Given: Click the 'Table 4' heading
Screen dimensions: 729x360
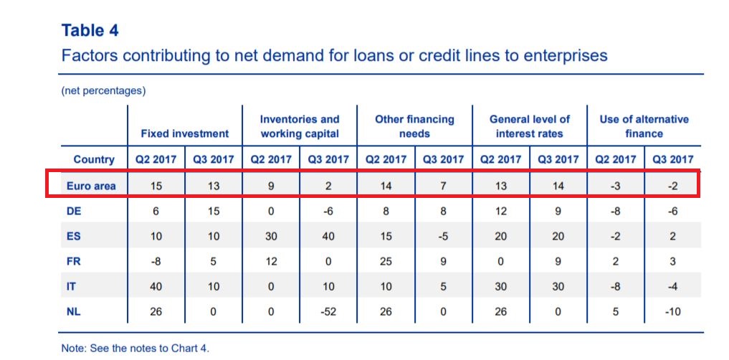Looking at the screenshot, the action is [x=90, y=31].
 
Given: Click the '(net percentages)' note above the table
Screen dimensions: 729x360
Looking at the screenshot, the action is [x=103, y=90].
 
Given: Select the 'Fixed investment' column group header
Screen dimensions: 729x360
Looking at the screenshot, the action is [x=184, y=133].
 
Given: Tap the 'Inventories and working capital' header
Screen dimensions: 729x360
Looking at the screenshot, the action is [x=300, y=126].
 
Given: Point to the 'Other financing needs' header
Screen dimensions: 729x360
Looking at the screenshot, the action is [x=414, y=126].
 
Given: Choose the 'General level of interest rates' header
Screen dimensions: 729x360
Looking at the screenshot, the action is [x=529, y=126].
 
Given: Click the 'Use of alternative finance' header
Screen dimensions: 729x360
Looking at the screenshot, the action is [x=644, y=126].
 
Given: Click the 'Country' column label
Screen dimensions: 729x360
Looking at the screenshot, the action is [x=94, y=159].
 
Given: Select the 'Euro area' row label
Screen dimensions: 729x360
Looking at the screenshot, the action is [x=90, y=186].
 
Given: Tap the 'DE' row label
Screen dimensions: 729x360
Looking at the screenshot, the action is [x=74, y=211].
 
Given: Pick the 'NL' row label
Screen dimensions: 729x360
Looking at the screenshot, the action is [x=73, y=311].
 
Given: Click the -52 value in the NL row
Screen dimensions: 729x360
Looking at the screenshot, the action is [x=328, y=311].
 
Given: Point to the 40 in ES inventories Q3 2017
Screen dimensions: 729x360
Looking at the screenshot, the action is [x=328, y=236].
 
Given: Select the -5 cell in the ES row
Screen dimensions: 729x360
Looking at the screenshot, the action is [x=443, y=236].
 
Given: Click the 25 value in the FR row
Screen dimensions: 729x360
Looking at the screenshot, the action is [x=386, y=262].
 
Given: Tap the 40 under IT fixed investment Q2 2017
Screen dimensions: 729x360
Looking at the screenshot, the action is [x=156, y=286].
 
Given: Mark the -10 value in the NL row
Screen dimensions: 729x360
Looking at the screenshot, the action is [x=673, y=311].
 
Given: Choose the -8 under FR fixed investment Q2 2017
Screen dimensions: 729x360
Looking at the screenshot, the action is [x=156, y=262].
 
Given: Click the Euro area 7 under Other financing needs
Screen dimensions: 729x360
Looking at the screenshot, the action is [x=443, y=186].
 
